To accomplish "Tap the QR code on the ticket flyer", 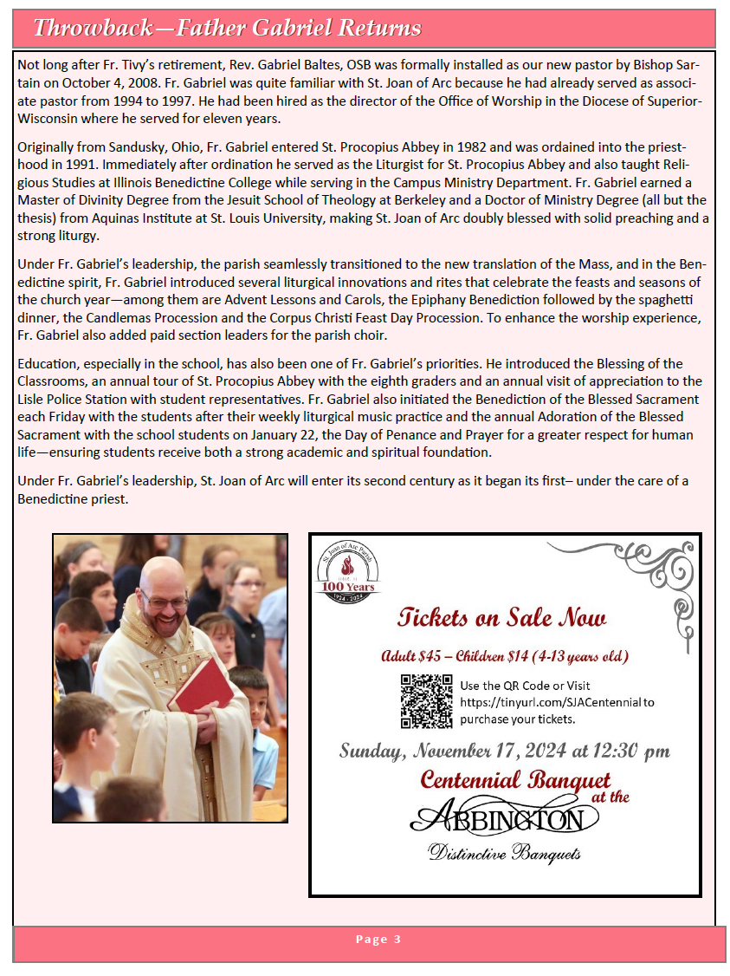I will pyautogui.click(x=427, y=700).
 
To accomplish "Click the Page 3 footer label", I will pyautogui.click(x=378, y=940).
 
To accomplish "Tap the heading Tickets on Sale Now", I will pyautogui.click(x=502, y=617).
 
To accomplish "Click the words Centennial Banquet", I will pyautogui.click(x=515, y=779).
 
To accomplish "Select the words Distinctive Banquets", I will pyautogui.click(x=505, y=855).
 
